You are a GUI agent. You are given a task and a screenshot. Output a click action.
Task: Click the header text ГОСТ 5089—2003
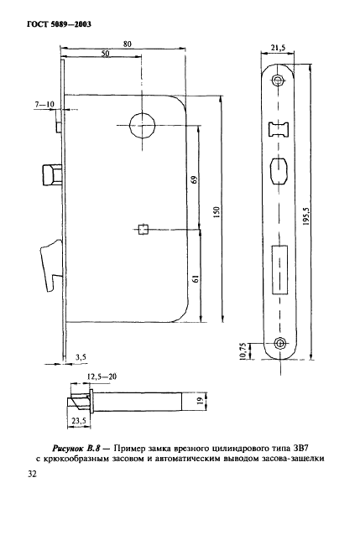[x=52, y=23]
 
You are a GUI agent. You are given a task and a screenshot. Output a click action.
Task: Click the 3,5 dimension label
[x=81, y=356]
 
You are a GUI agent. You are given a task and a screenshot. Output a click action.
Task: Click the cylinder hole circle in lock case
[x=141, y=127]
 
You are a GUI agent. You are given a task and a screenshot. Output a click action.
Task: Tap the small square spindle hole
[x=143, y=227]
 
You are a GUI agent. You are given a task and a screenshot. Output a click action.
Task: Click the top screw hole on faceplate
[x=279, y=80]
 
